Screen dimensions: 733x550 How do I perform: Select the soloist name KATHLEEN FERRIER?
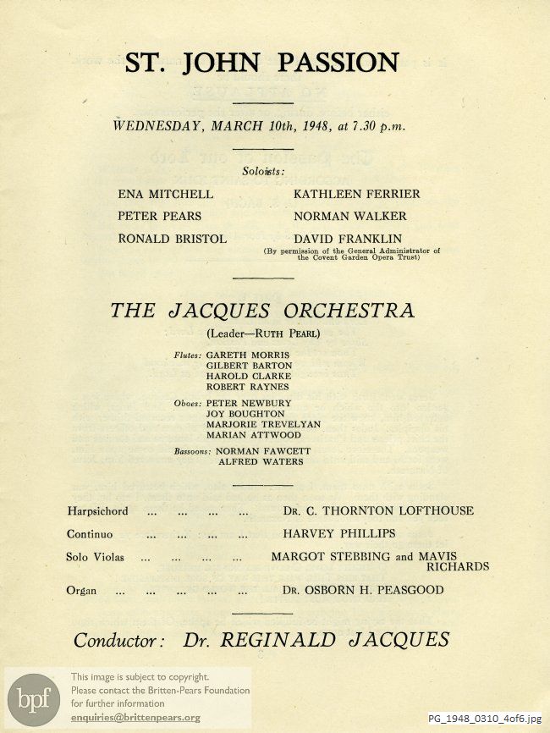coord(356,194)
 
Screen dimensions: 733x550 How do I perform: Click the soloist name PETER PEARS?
coord(159,216)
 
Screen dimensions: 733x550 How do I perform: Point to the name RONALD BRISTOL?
coord(172,239)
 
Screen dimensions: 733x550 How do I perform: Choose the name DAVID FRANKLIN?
coord(348,239)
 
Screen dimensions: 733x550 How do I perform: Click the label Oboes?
coord(186,404)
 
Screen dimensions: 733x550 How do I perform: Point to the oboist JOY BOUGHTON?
coord(245,414)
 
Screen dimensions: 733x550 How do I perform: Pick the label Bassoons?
coord(192,452)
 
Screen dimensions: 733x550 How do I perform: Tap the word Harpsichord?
coord(97,511)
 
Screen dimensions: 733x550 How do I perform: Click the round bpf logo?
coord(34,698)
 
